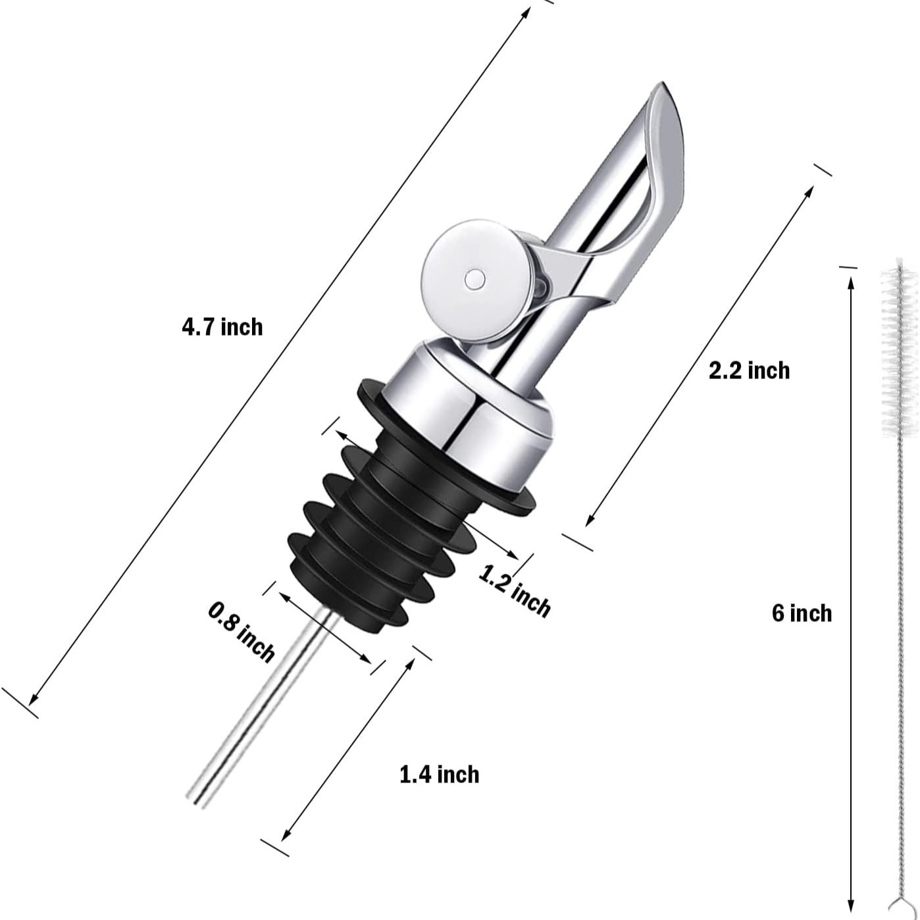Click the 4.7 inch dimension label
(222, 327)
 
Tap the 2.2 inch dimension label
(749, 371)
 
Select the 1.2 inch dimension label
(514, 591)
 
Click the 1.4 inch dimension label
(440, 775)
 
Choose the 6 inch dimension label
(802, 613)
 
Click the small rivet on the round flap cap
(474, 280)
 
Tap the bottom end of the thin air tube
(196, 799)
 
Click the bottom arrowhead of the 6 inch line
(851, 904)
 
